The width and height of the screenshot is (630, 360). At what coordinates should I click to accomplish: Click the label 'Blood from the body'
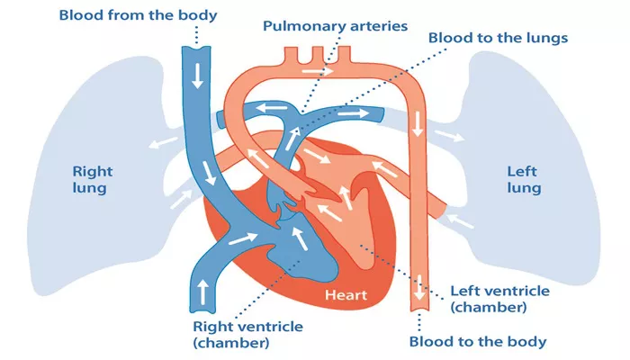pos(138,15)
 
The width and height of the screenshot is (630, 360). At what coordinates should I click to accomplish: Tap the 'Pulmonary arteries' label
pos(335,26)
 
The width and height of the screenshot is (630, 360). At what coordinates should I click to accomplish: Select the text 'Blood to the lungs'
pos(498,38)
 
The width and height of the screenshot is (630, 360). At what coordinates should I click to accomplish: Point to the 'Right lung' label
pos(93,180)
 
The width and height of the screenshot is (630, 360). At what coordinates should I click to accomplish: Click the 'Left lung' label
pos(524,180)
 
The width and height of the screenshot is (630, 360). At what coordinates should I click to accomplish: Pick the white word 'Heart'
pos(346,295)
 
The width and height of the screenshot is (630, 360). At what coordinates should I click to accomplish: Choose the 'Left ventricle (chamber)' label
pos(499,299)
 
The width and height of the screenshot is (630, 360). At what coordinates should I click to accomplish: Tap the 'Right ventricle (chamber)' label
pos(247,334)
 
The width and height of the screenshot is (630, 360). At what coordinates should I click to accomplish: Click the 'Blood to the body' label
pos(478,342)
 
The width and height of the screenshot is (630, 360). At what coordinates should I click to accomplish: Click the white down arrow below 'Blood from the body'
pos(197,76)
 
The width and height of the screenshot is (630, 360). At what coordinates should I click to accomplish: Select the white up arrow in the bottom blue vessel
pos(203,292)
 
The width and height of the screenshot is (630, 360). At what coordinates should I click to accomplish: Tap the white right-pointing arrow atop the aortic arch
pos(318,71)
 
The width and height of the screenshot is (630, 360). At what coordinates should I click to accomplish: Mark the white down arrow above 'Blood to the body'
pos(420,287)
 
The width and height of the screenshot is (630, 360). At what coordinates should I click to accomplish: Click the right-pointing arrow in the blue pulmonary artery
pos(353,113)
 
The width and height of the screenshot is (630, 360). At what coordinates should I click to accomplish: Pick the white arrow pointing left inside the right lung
pos(163,142)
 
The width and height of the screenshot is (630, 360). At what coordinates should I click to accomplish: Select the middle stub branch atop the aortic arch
pos(318,55)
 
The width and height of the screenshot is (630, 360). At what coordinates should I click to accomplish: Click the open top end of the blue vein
pos(196,48)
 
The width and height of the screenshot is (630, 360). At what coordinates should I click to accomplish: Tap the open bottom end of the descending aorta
pos(420,310)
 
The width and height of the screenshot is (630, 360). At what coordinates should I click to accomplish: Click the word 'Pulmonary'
pos(304,26)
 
